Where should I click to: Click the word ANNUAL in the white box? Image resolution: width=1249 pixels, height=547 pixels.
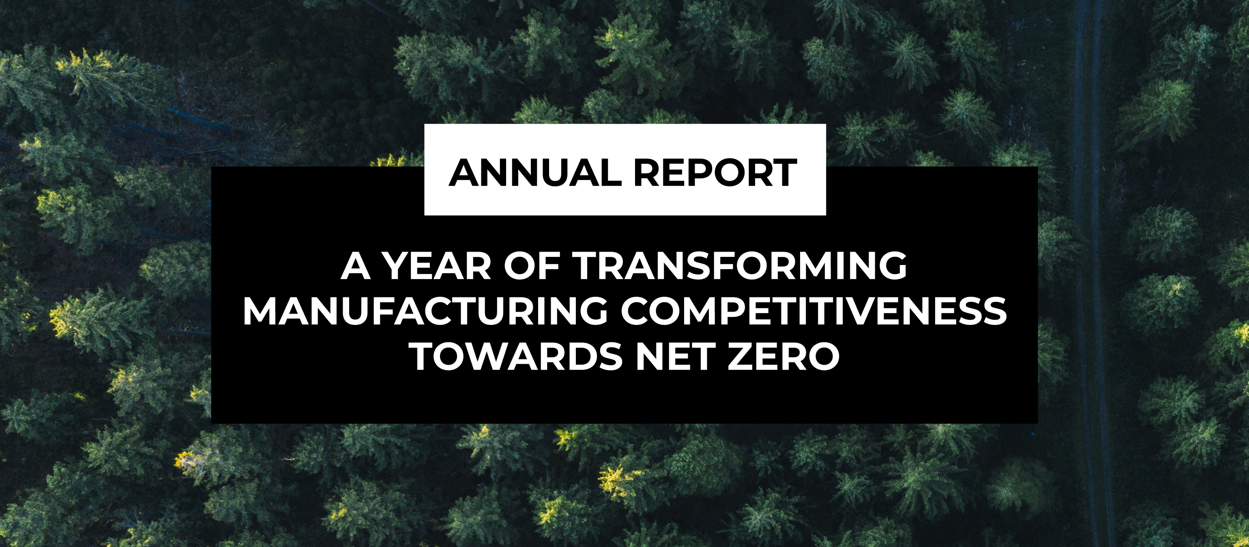535,173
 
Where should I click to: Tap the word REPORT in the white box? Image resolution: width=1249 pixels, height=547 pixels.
716,173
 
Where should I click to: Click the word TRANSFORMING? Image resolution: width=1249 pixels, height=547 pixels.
740,266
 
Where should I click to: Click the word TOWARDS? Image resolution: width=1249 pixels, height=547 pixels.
517,357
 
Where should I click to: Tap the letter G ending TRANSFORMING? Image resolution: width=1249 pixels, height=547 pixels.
892,266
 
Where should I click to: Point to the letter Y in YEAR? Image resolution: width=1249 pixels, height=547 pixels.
397,266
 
